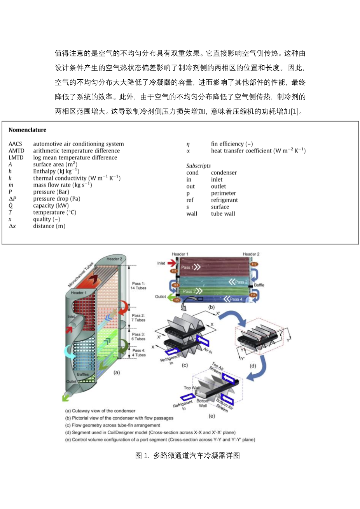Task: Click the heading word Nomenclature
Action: pos(27,130)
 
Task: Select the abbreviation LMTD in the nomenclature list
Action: pos(16,157)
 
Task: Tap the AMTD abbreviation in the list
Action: pos(16,151)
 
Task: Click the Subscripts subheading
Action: pos(198,166)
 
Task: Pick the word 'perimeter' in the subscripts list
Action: pos(224,193)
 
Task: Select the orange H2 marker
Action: pos(254,264)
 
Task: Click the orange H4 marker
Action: pos(253,295)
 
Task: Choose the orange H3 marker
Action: pos(176,285)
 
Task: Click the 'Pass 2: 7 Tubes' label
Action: pos(138,318)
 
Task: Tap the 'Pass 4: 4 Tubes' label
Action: pos(138,353)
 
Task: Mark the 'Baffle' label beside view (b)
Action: pos(259,285)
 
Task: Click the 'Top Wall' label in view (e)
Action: pos(191,388)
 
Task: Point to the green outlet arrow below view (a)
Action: pos(66,397)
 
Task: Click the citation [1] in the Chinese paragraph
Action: pos(295,112)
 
